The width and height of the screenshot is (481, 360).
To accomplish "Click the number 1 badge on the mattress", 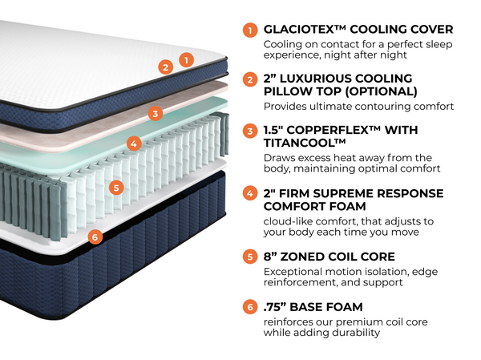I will (186, 59).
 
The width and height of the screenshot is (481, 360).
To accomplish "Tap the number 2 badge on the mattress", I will (166, 67).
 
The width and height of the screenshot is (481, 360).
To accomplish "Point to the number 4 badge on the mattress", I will (134, 144).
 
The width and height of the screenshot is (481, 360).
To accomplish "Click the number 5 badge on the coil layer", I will (116, 188).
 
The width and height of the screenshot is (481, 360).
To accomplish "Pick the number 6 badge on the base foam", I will (95, 237).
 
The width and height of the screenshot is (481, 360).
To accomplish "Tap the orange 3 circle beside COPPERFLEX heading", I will (250, 131).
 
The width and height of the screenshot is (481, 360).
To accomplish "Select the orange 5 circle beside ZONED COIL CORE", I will (250, 257).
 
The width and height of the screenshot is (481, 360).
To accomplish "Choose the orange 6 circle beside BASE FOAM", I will (250, 307).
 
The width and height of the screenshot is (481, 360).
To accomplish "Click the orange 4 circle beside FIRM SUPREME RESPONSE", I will (250, 193).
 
